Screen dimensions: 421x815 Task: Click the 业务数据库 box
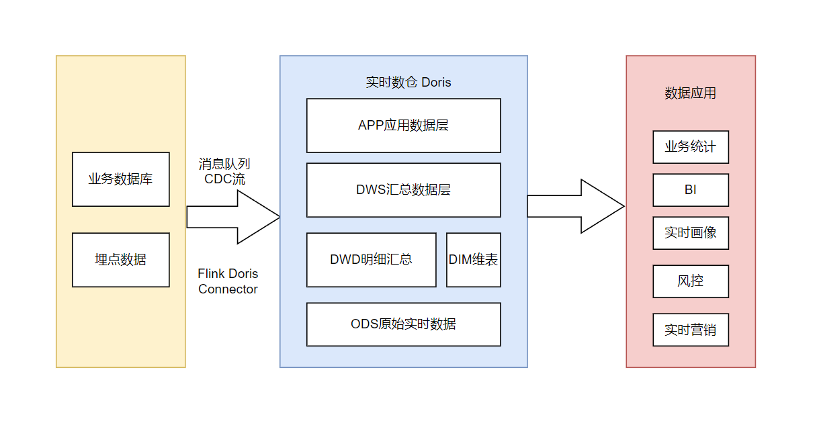[x=121, y=179]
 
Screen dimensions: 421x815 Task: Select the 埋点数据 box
[x=121, y=260]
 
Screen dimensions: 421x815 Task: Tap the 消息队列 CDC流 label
[x=224, y=171]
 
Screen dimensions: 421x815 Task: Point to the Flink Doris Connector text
[x=228, y=281]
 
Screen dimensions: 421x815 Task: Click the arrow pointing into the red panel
[x=575, y=206]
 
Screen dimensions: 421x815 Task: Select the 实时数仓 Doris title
[x=408, y=83]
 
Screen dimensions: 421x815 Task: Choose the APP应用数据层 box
[x=403, y=126]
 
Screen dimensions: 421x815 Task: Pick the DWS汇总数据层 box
[x=403, y=190]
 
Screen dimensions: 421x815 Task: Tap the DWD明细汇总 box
[x=371, y=260]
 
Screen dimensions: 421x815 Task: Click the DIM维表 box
[x=473, y=260]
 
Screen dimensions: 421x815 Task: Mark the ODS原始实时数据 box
[x=403, y=324]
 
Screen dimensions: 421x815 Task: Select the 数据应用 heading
[x=690, y=93]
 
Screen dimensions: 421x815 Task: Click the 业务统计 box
[x=690, y=147]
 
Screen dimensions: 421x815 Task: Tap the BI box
[x=690, y=190]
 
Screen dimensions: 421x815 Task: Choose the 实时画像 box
[x=690, y=233]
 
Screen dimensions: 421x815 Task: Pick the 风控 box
[x=690, y=281]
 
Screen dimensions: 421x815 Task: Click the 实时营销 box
[x=690, y=330]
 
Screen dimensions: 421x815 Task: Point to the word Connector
[x=228, y=289]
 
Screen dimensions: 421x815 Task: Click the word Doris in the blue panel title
[x=436, y=83]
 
